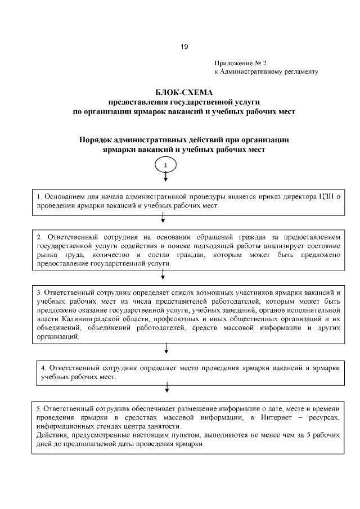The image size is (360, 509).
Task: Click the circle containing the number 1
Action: point(165,165)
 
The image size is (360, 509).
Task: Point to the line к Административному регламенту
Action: point(267,72)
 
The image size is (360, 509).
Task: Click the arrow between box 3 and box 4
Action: point(166,349)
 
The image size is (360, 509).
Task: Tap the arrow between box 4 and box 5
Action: point(166,388)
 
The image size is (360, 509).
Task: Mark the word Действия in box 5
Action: point(51,435)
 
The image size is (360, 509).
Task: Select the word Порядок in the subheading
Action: point(96,139)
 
